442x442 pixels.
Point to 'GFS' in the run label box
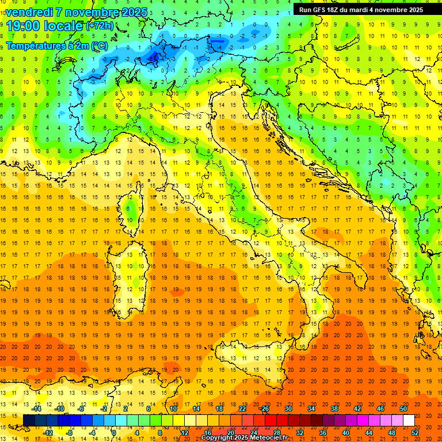coord(320,9)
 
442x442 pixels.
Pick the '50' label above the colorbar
coord(403,409)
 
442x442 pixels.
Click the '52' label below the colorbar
coord(416,432)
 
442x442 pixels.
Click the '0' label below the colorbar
coord(115,432)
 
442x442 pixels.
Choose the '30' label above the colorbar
coord(288,409)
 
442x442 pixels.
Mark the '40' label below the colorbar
coord(346,432)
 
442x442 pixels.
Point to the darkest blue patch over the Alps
coord(154,56)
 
